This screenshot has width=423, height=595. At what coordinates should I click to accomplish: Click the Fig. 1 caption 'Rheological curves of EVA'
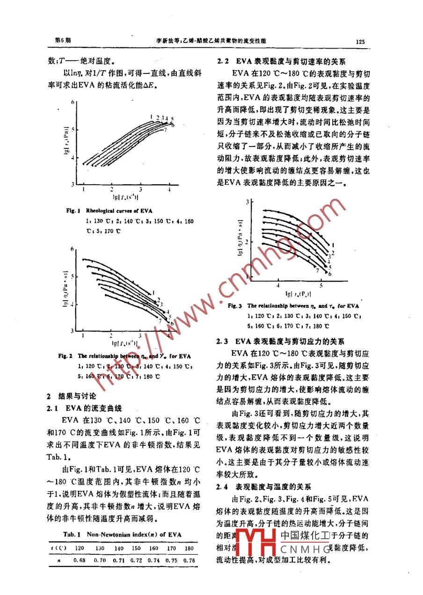(x=119, y=211)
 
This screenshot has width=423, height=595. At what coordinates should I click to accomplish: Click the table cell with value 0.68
(x=79, y=559)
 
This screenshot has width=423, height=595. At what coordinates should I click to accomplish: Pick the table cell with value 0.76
(x=189, y=559)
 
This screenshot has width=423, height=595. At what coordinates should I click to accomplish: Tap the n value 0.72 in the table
(x=136, y=559)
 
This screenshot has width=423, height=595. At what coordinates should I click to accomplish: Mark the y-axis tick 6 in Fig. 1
(x=73, y=102)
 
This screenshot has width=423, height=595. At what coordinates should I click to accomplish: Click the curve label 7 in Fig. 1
(x=166, y=129)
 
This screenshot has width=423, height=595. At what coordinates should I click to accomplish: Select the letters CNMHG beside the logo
(x=306, y=548)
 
